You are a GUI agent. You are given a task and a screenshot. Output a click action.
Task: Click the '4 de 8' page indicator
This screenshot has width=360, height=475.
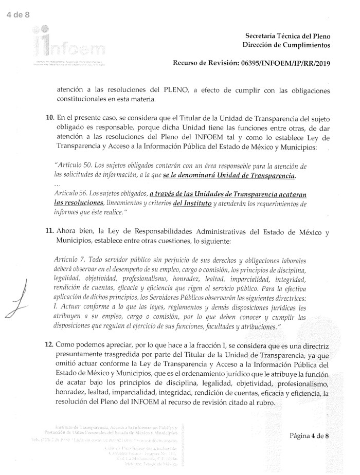pos(18,14)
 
